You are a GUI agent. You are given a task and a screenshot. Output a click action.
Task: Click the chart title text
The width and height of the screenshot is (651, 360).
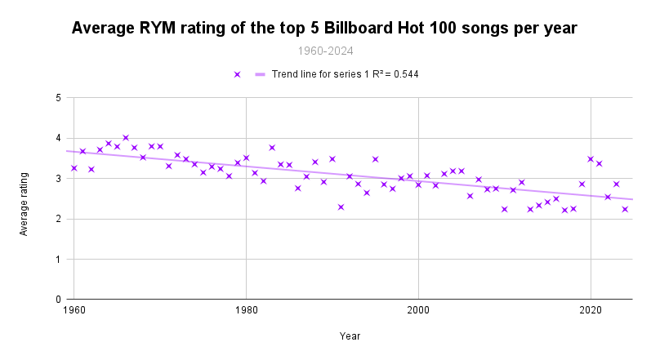click(324, 28)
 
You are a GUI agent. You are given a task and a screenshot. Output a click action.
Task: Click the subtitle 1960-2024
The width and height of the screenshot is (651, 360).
click(324, 51)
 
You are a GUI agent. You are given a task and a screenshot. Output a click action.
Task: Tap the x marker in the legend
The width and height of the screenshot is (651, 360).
click(237, 74)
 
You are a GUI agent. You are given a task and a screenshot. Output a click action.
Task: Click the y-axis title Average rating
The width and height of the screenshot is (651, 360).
click(24, 204)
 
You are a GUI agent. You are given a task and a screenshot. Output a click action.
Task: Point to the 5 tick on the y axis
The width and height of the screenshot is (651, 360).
click(59, 98)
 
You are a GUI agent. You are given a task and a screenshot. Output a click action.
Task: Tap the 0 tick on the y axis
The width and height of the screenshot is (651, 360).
click(59, 300)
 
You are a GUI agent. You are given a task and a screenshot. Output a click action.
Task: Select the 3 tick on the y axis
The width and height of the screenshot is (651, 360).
click(59, 179)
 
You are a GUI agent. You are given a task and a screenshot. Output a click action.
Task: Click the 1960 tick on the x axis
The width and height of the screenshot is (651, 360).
click(74, 311)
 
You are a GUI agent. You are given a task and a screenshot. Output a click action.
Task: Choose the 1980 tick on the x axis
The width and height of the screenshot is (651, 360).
click(247, 311)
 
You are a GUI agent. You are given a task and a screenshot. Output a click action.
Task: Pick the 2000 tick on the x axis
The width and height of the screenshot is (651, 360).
click(418, 311)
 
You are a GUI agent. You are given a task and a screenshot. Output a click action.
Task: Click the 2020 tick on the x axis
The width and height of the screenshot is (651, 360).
click(591, 311)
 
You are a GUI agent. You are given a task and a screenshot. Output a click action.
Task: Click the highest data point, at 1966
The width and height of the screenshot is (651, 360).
click(126, 138)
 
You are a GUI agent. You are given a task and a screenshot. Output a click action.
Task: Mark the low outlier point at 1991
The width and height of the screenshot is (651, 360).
click(341, 207)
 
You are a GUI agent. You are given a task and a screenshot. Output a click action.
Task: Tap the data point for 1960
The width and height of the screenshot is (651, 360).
click(74, 168)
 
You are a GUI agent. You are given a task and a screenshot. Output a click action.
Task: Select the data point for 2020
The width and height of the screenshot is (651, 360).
click(591, 159)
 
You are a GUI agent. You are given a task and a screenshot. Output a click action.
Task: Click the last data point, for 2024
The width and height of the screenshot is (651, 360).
click(625, 209)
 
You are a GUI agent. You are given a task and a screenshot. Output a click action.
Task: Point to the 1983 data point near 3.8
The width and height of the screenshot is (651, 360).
click(272, 148)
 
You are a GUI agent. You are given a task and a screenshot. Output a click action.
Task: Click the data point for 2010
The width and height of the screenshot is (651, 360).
click(505, 209)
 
